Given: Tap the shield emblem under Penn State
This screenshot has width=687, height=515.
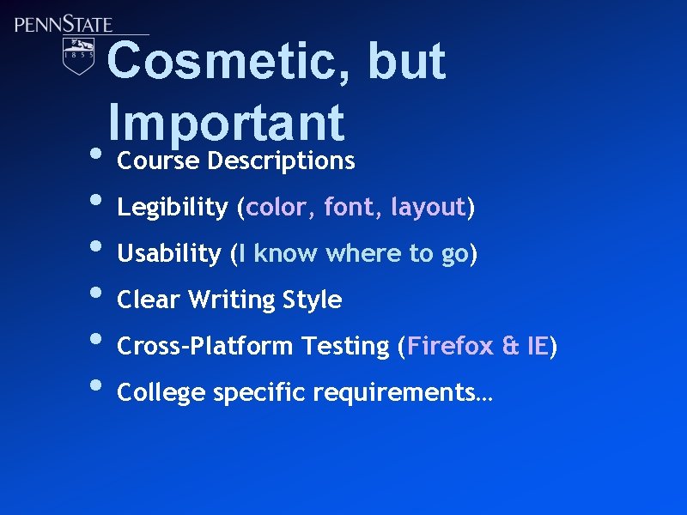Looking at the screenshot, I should (78, 55).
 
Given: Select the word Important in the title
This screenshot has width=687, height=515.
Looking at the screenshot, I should (227, 123).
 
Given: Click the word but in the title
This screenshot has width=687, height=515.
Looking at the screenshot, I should (406, 62).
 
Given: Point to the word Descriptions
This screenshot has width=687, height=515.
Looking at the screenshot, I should (282, 161).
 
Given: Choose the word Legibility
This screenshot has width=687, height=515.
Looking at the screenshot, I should (173, 208).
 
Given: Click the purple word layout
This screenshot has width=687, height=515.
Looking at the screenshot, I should (428, 208).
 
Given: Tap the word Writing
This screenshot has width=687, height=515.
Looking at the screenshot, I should (228, 300).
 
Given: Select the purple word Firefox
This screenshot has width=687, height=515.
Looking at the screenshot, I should (451, 347).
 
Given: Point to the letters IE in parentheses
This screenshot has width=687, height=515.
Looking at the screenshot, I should (538, 347).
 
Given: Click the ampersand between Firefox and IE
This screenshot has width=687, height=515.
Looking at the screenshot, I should (511, 347).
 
